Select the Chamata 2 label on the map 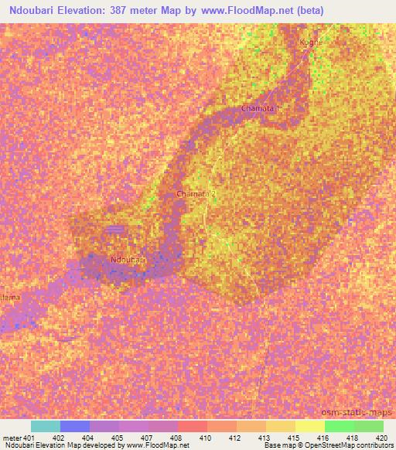coord(196,194)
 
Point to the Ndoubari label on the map coord(128,261)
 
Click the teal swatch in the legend coord(46,426)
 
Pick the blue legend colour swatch coord(75,426)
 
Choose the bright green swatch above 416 coord(340,426)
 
